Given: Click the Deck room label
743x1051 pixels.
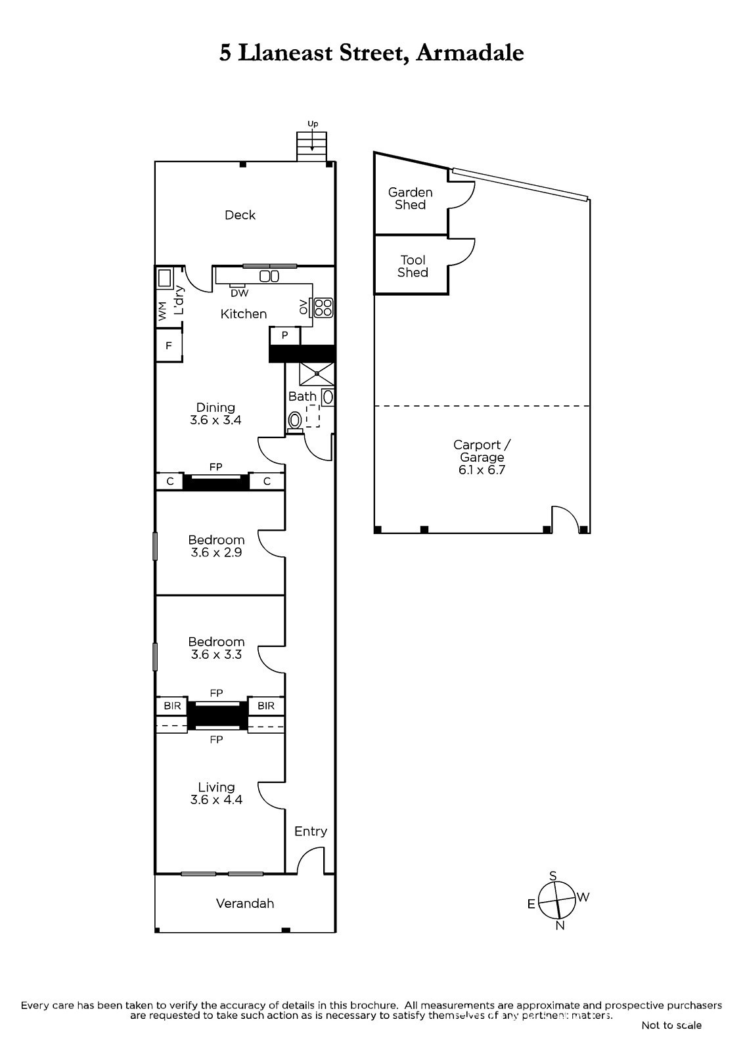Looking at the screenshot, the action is coord(240,215).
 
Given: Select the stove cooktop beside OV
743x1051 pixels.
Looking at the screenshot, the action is coord(323,307).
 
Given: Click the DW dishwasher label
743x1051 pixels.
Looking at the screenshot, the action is coord(239,293).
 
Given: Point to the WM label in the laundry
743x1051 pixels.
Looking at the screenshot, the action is coord(162,311).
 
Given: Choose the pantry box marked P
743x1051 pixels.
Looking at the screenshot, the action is coord(284,336).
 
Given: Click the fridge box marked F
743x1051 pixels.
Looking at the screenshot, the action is coord(168,346).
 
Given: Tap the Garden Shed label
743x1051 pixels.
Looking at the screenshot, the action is coord(410,198).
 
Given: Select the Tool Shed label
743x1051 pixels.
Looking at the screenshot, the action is coord(413,266).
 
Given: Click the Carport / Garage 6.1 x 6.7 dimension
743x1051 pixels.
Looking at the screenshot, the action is coord(482,470).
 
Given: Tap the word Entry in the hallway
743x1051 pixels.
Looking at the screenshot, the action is coord(310,831).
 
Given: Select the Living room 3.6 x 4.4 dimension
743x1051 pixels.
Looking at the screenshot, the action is coord(216,799).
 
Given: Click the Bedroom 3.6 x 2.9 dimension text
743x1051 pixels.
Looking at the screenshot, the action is coord(216,552).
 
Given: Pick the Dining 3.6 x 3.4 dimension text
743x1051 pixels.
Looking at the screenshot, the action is coord(215,420).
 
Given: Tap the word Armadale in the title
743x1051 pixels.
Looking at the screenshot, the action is coord(470,53).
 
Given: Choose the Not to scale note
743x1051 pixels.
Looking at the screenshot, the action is coord(671,1025).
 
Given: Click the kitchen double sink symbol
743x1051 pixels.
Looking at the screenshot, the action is coord(269,277).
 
